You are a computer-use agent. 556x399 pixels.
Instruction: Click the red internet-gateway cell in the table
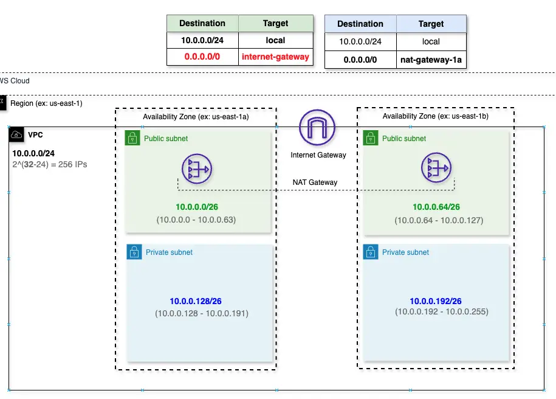[x=275, y=57]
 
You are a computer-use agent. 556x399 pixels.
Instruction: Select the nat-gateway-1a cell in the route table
[x=431, y=60]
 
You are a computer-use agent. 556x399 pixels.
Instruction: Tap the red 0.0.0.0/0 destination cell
[x=202, y=57]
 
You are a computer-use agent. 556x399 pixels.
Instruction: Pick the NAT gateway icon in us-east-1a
[x=196, y=169]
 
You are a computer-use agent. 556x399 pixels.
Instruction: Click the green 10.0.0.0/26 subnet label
[x=197, y=207]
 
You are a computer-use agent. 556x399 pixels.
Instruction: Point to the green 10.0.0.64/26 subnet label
[x=436, y=207]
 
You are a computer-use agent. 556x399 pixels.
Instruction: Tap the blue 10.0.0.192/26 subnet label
[x=436, y=301]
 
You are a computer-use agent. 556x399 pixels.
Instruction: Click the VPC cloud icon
[x=16, y=134]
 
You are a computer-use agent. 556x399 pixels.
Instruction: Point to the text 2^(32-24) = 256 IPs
[x=50, y=164]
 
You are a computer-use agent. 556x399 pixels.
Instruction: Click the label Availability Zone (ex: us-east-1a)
[x=196, y=116]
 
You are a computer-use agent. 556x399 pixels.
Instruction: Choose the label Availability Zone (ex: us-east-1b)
[x=436, y=116]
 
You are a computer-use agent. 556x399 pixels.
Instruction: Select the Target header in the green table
[x=275, y=24]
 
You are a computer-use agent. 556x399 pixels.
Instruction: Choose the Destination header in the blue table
[x=360, y=24]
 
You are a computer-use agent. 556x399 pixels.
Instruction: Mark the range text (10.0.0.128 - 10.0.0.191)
[x=202, y=314]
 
